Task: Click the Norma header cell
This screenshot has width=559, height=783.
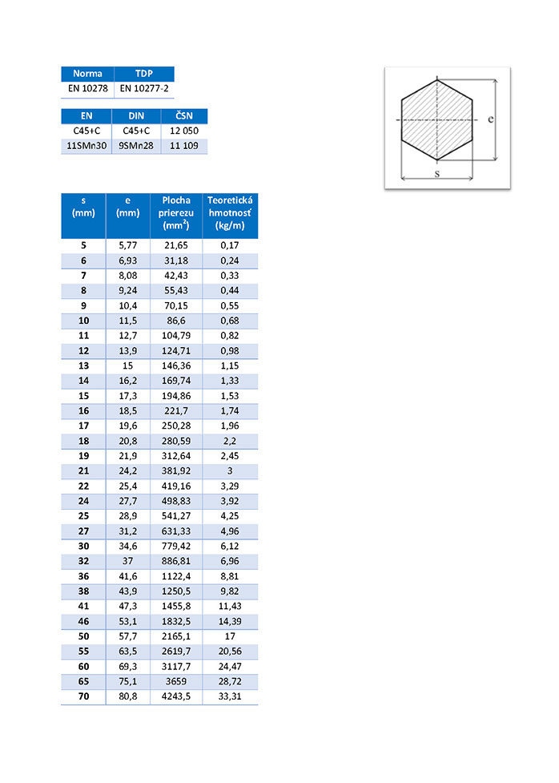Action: tap(87, 73)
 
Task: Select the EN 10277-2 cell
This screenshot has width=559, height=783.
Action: tap(144, 88)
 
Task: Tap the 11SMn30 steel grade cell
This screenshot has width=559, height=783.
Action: tap(83, 146)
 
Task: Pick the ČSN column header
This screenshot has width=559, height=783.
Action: tap(183, 115)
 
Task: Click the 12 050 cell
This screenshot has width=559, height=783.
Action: tap(183, 131)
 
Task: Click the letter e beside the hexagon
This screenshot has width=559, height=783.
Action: tap(489, 119)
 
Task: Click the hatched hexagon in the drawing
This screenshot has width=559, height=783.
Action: tap(437, 119)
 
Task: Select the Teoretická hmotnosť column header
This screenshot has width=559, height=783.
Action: tap(230, 213)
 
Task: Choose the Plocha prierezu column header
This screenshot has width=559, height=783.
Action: tap(176, 213)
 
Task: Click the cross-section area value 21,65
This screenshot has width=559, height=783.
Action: tap(176, 244)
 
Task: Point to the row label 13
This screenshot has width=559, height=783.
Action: tap(83, 365)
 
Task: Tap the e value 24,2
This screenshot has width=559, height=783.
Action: tap(128, 471)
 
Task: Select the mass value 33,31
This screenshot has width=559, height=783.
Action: tap(230, 696)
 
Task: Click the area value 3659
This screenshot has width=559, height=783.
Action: tap(176, 681)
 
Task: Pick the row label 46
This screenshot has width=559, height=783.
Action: tap(83, 621)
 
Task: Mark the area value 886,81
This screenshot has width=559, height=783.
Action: tap(176, 561)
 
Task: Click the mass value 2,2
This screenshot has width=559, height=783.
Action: tap(230, 441)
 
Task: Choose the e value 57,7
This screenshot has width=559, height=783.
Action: tap(128, 636)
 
